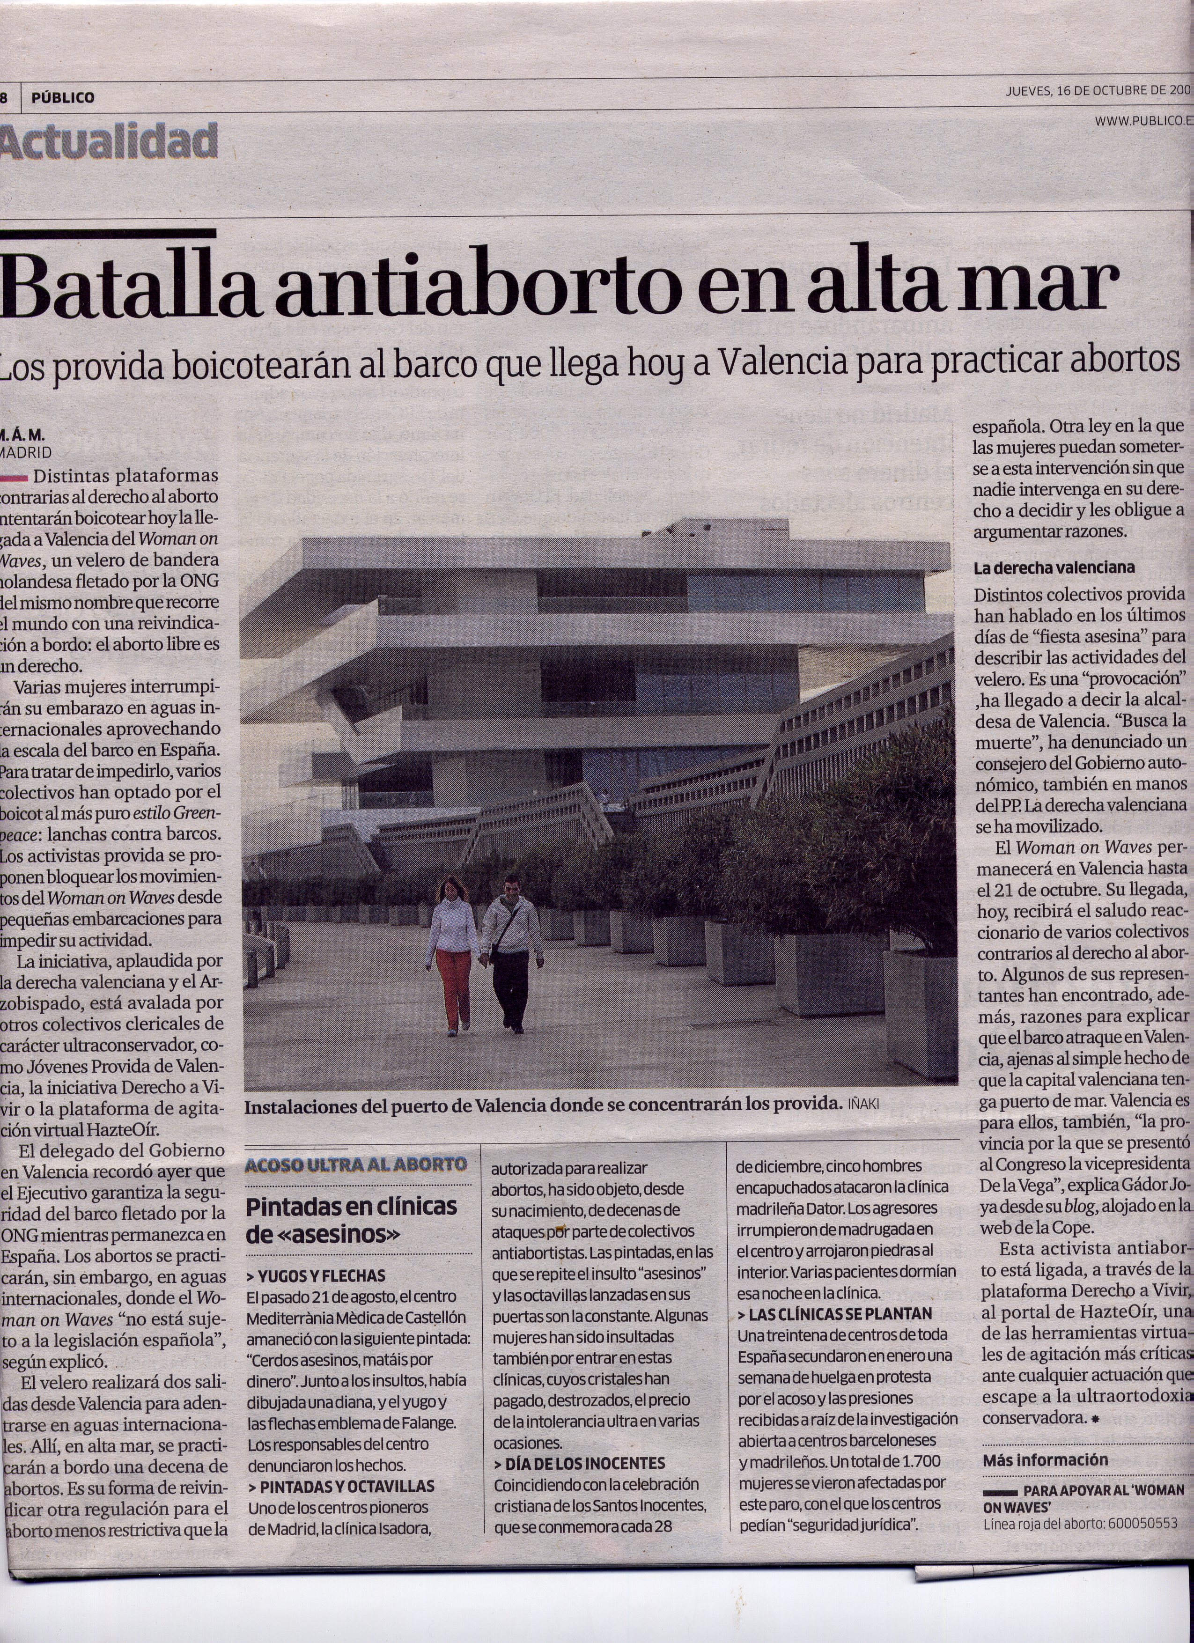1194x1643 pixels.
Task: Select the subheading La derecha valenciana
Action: coord(1054,568)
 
